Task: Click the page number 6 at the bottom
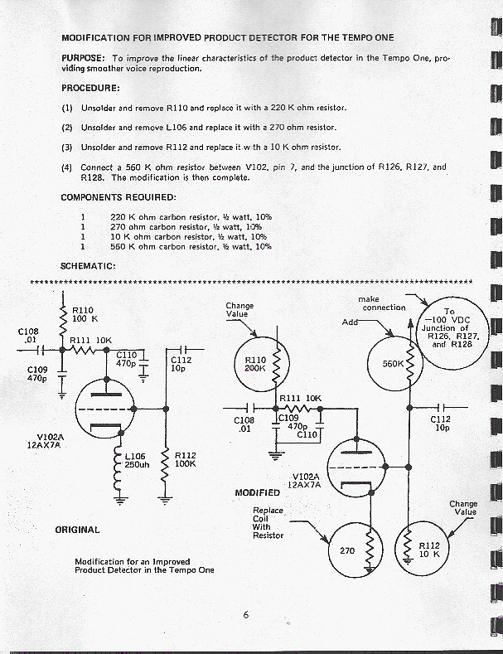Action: point(246,615)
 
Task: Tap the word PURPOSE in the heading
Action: point(83,57)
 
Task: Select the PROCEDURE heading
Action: point(90,88)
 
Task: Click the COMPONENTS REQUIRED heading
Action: point(118,197)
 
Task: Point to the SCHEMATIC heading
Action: point(88,266)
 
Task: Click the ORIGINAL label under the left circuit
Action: point(77,529)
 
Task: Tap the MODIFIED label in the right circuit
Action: point(257,493)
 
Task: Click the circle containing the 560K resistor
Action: point(395,362)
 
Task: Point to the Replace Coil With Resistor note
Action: point(268,523)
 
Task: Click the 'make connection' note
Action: point(381,303)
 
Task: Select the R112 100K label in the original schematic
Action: point(185,459)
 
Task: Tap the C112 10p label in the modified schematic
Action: point(440,424)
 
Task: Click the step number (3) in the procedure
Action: point(67,147)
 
